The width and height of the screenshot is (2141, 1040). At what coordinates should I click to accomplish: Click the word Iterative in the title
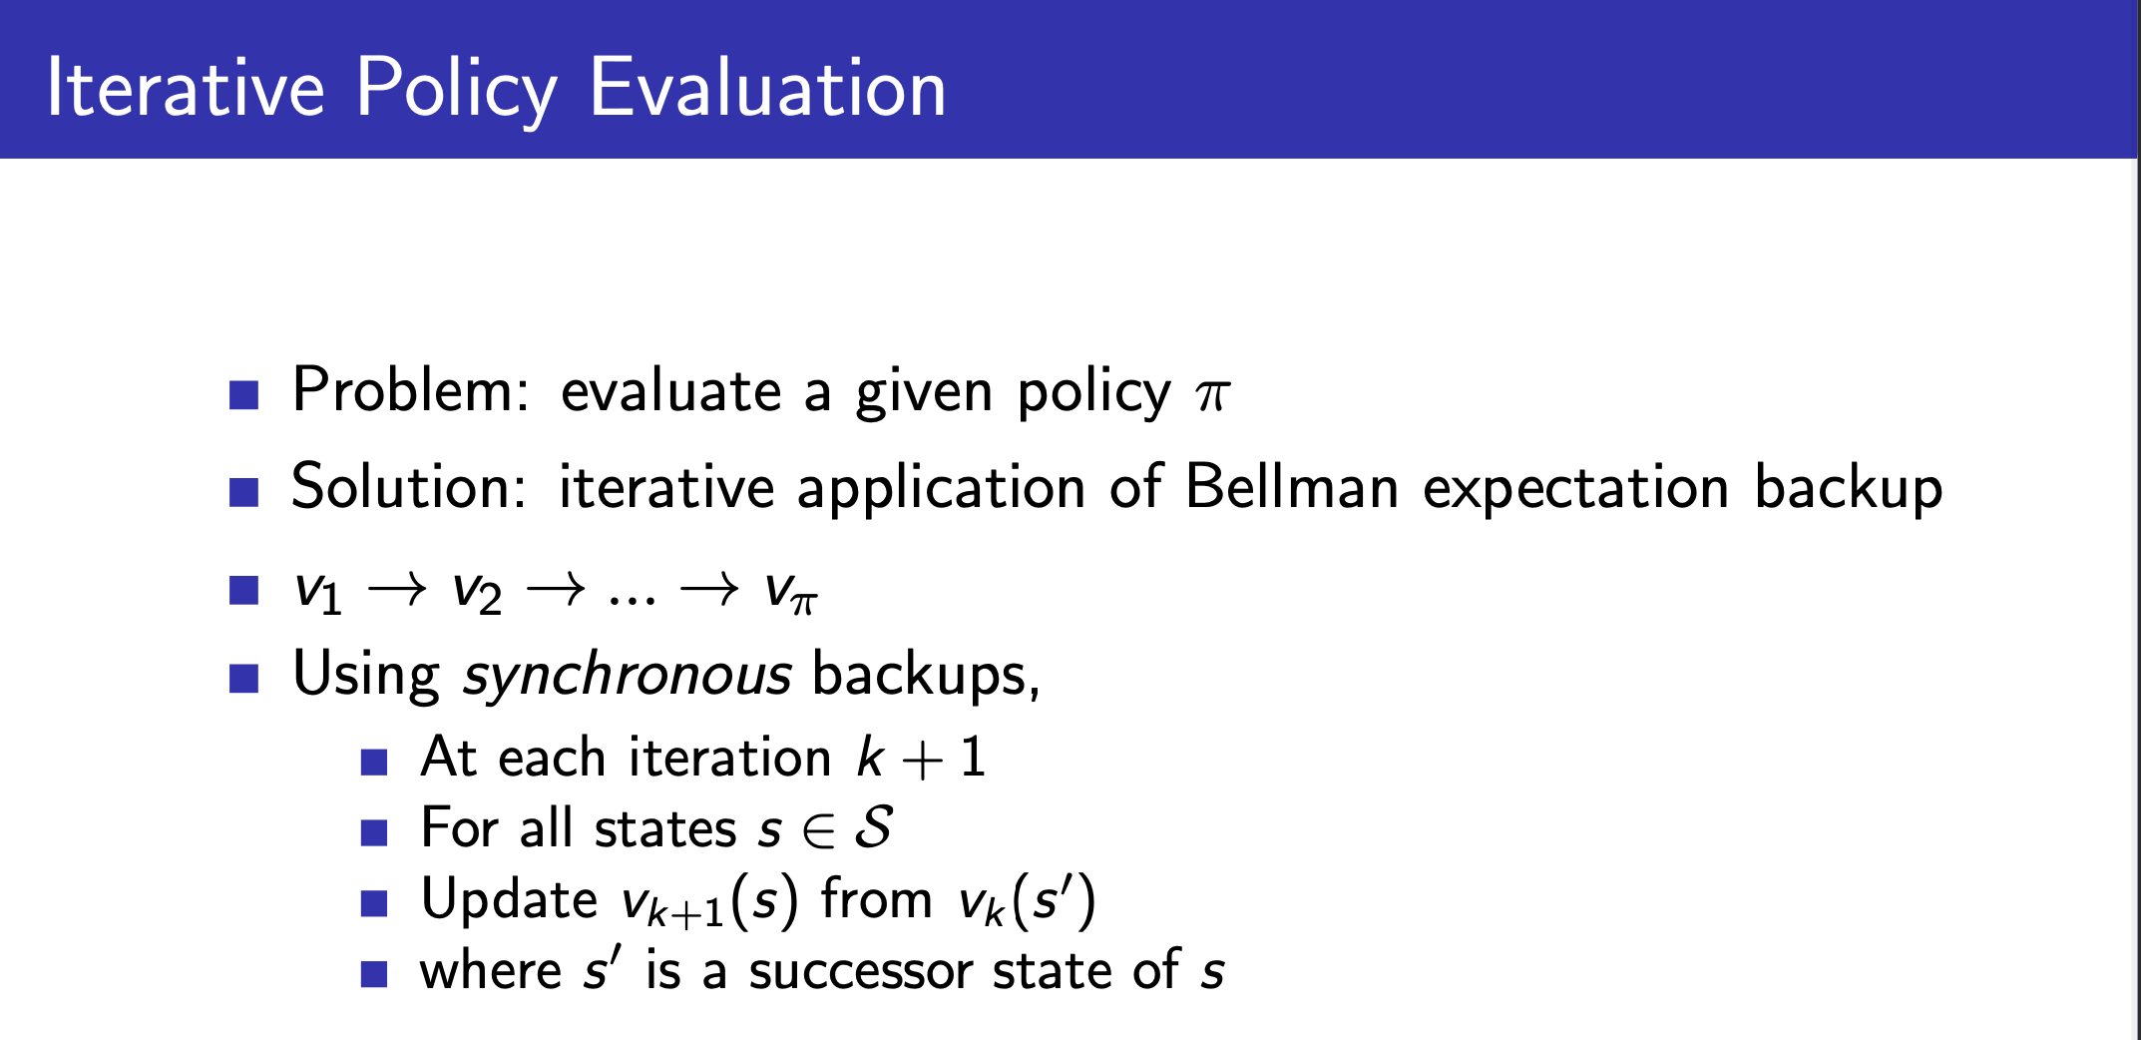[x=186, y=88]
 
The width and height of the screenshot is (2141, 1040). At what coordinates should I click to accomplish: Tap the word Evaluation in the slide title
[x=767, y=88]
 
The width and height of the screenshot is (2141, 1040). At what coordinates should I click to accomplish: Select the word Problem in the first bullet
[x=410, y=389]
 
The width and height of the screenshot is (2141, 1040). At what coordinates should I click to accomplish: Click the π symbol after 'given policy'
[x=1213, y=395]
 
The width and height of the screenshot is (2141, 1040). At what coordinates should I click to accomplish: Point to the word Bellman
[x=1292, y=487]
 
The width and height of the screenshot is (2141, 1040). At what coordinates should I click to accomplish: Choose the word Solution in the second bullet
[x=408, y=487]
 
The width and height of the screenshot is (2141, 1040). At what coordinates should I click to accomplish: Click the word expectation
[x=1575, y=489]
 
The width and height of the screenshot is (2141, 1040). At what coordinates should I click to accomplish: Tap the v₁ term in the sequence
[x=318, y=591]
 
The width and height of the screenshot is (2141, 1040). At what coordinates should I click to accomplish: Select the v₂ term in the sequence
[x=477, y=591]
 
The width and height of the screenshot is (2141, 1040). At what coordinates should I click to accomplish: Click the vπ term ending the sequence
[x=791, y=591]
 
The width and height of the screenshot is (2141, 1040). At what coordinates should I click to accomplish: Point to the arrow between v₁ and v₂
[x=397, y=590]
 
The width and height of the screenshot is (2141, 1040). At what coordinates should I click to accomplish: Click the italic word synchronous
[x=628, y=675]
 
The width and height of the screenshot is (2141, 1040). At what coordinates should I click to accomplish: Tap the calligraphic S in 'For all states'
[x=873, y=827]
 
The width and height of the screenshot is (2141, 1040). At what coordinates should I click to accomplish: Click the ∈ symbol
[x=818, y=830]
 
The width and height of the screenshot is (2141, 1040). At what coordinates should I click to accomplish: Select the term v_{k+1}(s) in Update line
[x=710, y=901]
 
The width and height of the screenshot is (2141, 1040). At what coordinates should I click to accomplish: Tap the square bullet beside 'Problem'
[x=244, y=395]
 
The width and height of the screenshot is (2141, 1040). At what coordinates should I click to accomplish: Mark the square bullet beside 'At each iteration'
[x=374, y=763]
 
